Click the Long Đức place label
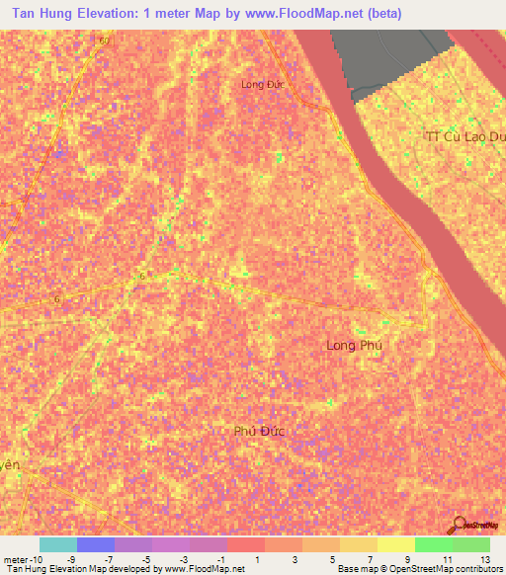[262, 85]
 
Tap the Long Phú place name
[353, 345]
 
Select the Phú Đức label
[259, 431]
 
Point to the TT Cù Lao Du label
[464, 136]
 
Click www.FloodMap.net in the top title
[302, 15]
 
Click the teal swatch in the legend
[58, 544]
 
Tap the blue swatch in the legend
[96, 544]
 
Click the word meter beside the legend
[16, 559]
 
